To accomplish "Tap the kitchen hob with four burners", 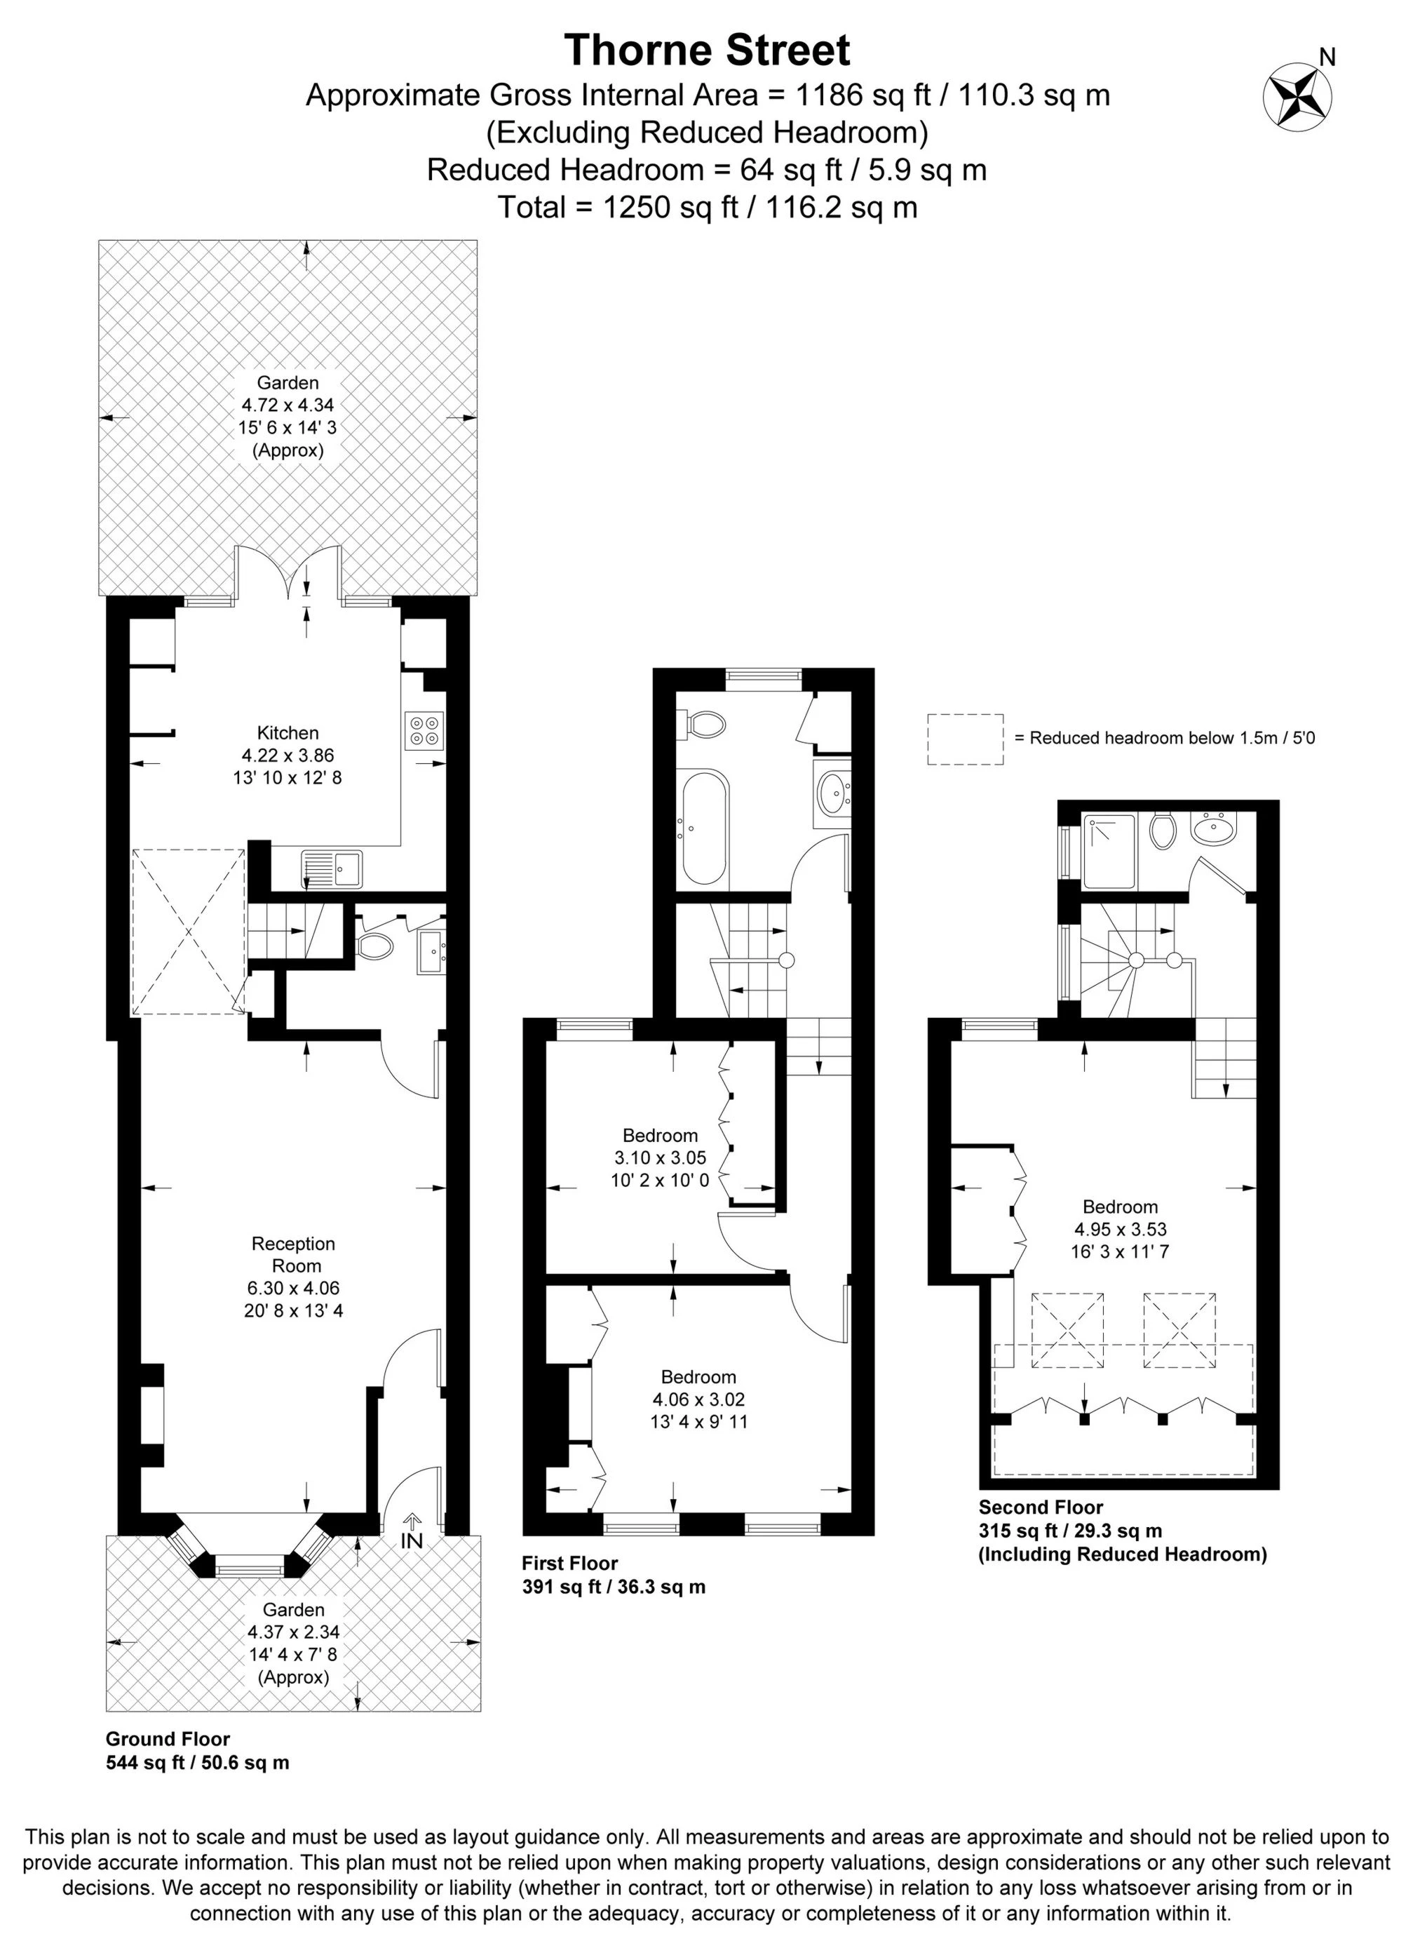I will click(423, 729).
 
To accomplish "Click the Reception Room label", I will click(293, 1254).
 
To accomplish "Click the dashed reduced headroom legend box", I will click(964, 739).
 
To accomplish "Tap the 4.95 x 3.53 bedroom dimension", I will click(1119, 1229).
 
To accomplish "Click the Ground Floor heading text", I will click(168, 1739).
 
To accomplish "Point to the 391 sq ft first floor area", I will click(613, 1587).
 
